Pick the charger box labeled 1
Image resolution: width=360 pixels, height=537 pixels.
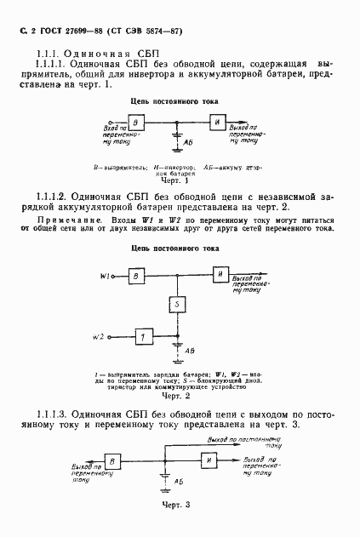coord(144,337)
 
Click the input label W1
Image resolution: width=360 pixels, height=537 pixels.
coord(106,276)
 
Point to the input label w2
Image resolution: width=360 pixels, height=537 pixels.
coord(100,337)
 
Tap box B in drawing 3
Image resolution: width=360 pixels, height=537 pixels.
coord(111,461)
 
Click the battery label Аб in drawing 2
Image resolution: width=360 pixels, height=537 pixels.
coord(190,350)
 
